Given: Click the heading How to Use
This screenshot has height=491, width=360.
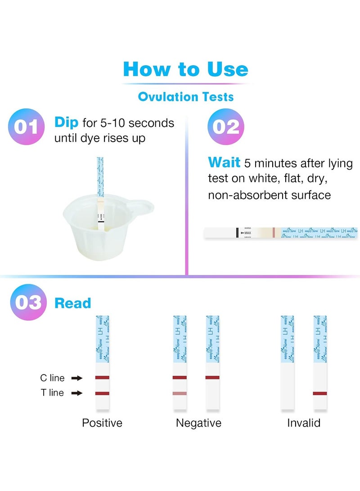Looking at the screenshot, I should [x=185, y=69].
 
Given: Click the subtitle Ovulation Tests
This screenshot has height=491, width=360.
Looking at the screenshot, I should [x=185, y=96].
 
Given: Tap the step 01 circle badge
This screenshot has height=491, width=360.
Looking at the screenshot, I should [x=26, y=126].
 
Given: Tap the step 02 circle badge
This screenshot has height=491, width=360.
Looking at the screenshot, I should [x=225, y=126].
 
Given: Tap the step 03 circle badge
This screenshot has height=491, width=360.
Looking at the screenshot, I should [x=28, y=302].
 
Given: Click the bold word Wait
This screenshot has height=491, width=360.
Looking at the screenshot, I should [x=224, y=162].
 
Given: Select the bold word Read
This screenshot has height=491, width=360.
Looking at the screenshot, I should [x=72, y=303].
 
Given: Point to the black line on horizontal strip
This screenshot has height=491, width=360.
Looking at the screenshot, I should [x=237, y=233].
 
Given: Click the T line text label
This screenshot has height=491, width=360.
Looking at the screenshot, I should [x=52, y=393].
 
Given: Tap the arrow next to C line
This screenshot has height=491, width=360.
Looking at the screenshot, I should [x=77, y=378].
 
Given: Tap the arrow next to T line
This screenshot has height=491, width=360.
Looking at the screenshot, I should [x=77, y=393].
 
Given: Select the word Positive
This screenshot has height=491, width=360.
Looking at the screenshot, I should [x=102, y=423].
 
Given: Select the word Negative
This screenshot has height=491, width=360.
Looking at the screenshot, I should [x=198, y=423].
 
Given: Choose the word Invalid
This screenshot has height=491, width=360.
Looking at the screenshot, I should [x=304, y=423].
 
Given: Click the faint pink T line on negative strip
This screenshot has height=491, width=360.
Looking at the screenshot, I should [x=180, y=393].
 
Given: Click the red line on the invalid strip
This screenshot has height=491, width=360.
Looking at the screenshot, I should [x=320, y=393].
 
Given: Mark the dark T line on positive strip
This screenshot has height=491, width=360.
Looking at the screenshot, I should [x=103, y=393].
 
